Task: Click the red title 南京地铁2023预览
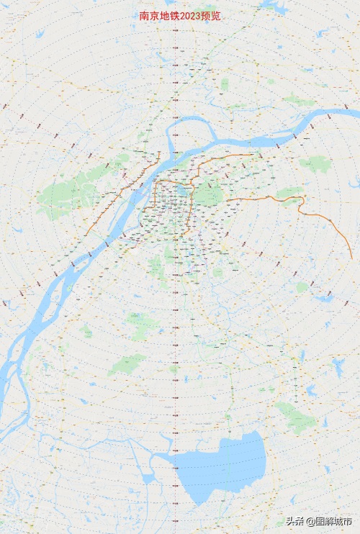tap(180, 15)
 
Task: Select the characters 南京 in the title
tap(149, 15)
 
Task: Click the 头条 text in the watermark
tap(295, 521)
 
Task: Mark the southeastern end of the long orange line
tap(352, 258)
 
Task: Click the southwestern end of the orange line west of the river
tap(86, 232)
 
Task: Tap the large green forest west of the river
tap(61, 194)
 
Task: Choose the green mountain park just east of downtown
tap(211, 194)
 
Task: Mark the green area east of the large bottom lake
tap(295, 417)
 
